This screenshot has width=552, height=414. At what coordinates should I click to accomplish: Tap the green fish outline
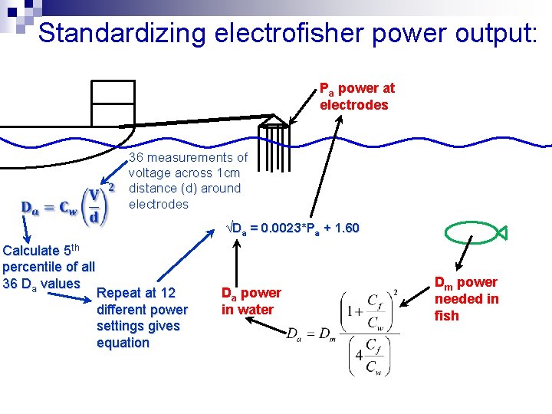(469, 232)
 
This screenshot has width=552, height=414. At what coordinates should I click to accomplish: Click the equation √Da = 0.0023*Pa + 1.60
(293, 228)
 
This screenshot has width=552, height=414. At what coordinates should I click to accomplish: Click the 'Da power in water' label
(251, 301)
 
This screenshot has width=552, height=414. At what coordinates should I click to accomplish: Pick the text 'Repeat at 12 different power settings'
(142, 310)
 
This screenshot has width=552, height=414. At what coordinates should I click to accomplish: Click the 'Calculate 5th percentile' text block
(49, 267)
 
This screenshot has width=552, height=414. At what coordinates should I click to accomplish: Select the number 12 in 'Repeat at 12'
(168, 293)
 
